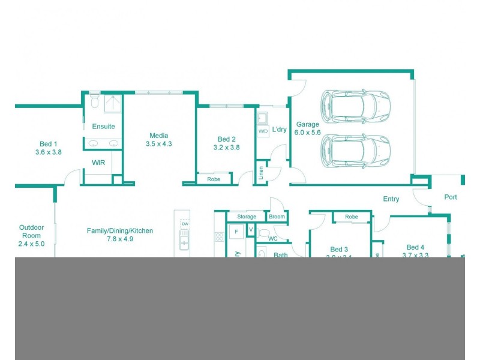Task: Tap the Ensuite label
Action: tap(103, 127)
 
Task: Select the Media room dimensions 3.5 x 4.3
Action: tap(159, 144)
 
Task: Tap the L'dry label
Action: tap(280, 130)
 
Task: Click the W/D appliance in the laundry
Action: tap(263, 131)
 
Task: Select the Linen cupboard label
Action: tap(261, 172)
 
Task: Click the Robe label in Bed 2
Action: tap(213, 179)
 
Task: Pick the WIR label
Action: tap(99, 163)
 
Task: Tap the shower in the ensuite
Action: tap(113, 103)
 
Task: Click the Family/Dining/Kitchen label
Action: tap(120, 230)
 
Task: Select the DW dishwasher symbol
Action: tap(185, 224)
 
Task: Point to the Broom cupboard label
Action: tap(277, 217)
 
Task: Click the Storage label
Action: tap(247, 217)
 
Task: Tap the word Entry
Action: tap(391, 199)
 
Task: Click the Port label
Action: tap(450, 197)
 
